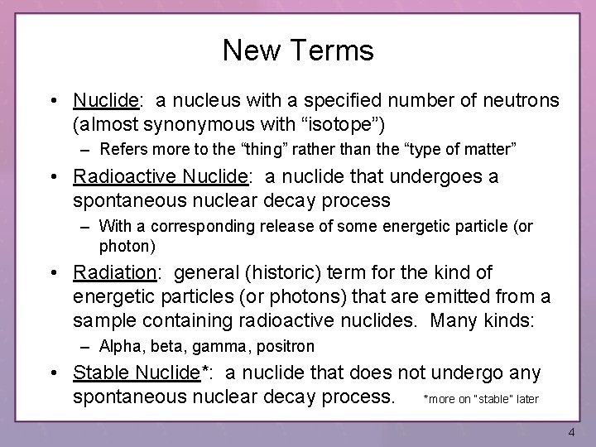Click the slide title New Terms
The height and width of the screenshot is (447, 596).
298,51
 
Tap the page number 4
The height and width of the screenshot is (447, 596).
572,432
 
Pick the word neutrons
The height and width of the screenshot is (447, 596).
521,101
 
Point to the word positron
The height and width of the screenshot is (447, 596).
286,346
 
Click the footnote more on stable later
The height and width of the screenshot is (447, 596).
481,399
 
